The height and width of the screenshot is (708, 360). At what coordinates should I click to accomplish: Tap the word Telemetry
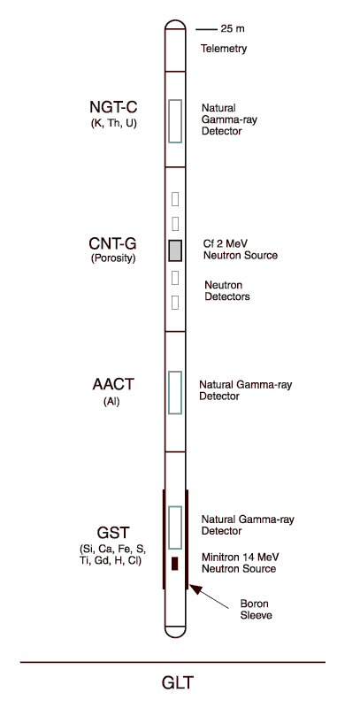tap(224, 49)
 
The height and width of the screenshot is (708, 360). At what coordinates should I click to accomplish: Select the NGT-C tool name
tap(113, 107)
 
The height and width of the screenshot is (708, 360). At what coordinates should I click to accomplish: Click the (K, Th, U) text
tap(113, 123)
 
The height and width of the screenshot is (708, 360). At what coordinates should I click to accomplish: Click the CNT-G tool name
tap(113, 244)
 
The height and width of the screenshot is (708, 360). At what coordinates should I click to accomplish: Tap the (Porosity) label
tap(113, 259)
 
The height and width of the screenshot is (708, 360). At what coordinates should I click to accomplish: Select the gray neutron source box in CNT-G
tap(175, 250)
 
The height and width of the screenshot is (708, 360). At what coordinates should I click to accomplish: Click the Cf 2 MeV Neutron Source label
tap(240, 250)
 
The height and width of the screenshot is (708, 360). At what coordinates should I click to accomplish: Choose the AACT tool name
tap(113, 384)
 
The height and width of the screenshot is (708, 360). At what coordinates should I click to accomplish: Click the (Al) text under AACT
tap(111, 401)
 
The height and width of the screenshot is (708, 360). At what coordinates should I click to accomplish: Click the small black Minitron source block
tap(175, 564)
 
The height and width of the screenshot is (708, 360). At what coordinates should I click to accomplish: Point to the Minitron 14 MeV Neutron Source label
tap(239, 563)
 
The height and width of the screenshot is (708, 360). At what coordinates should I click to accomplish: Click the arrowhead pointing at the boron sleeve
tap(195, 588)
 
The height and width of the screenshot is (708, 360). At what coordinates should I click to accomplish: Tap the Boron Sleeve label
tap(256, 609)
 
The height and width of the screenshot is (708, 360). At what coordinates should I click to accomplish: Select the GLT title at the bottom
tap(178, 682)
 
